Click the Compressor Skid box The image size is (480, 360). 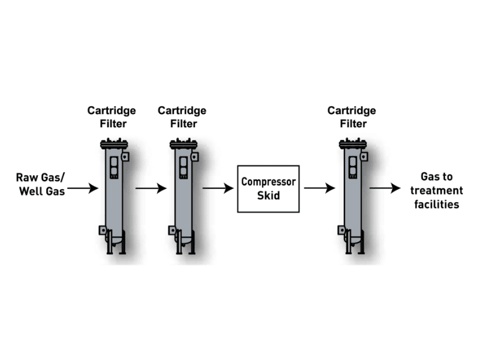(268, 188)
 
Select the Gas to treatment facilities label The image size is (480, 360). (440, 190)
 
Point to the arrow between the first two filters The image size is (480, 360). (151, 188)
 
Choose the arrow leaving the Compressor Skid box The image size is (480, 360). (319, 188)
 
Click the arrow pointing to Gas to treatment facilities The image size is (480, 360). (385, 188)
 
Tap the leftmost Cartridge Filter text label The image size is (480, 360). (112, 117)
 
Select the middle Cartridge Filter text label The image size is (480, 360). (182, 117)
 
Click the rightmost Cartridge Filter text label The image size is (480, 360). (352, 117)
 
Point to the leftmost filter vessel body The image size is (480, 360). (113, 192)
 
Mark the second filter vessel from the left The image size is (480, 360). (183, 192)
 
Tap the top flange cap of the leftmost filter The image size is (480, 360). (113, 144)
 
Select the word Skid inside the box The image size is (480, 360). (268, 196)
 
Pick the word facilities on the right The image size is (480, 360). (440, 205)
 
